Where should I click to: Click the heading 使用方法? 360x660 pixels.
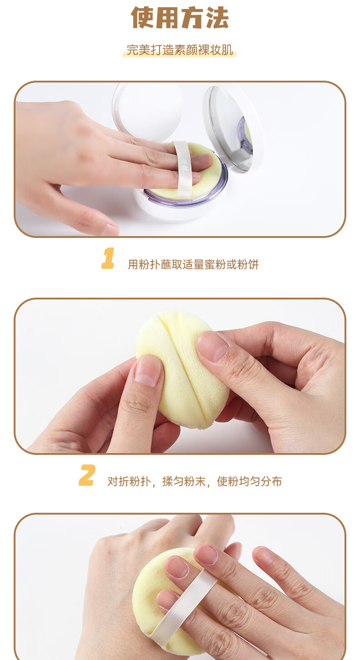click(180, 18)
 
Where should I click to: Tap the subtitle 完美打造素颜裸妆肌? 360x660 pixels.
click(180, 50)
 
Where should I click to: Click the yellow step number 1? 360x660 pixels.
click(108, 258)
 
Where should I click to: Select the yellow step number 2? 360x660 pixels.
click(87, 475)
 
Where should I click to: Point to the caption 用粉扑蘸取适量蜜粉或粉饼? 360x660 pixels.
click(193, 264)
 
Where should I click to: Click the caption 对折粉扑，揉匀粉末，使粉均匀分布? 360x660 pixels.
click(195, 481)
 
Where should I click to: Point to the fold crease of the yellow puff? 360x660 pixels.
click(183, 368)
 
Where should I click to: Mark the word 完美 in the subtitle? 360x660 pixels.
click(138, 50)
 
